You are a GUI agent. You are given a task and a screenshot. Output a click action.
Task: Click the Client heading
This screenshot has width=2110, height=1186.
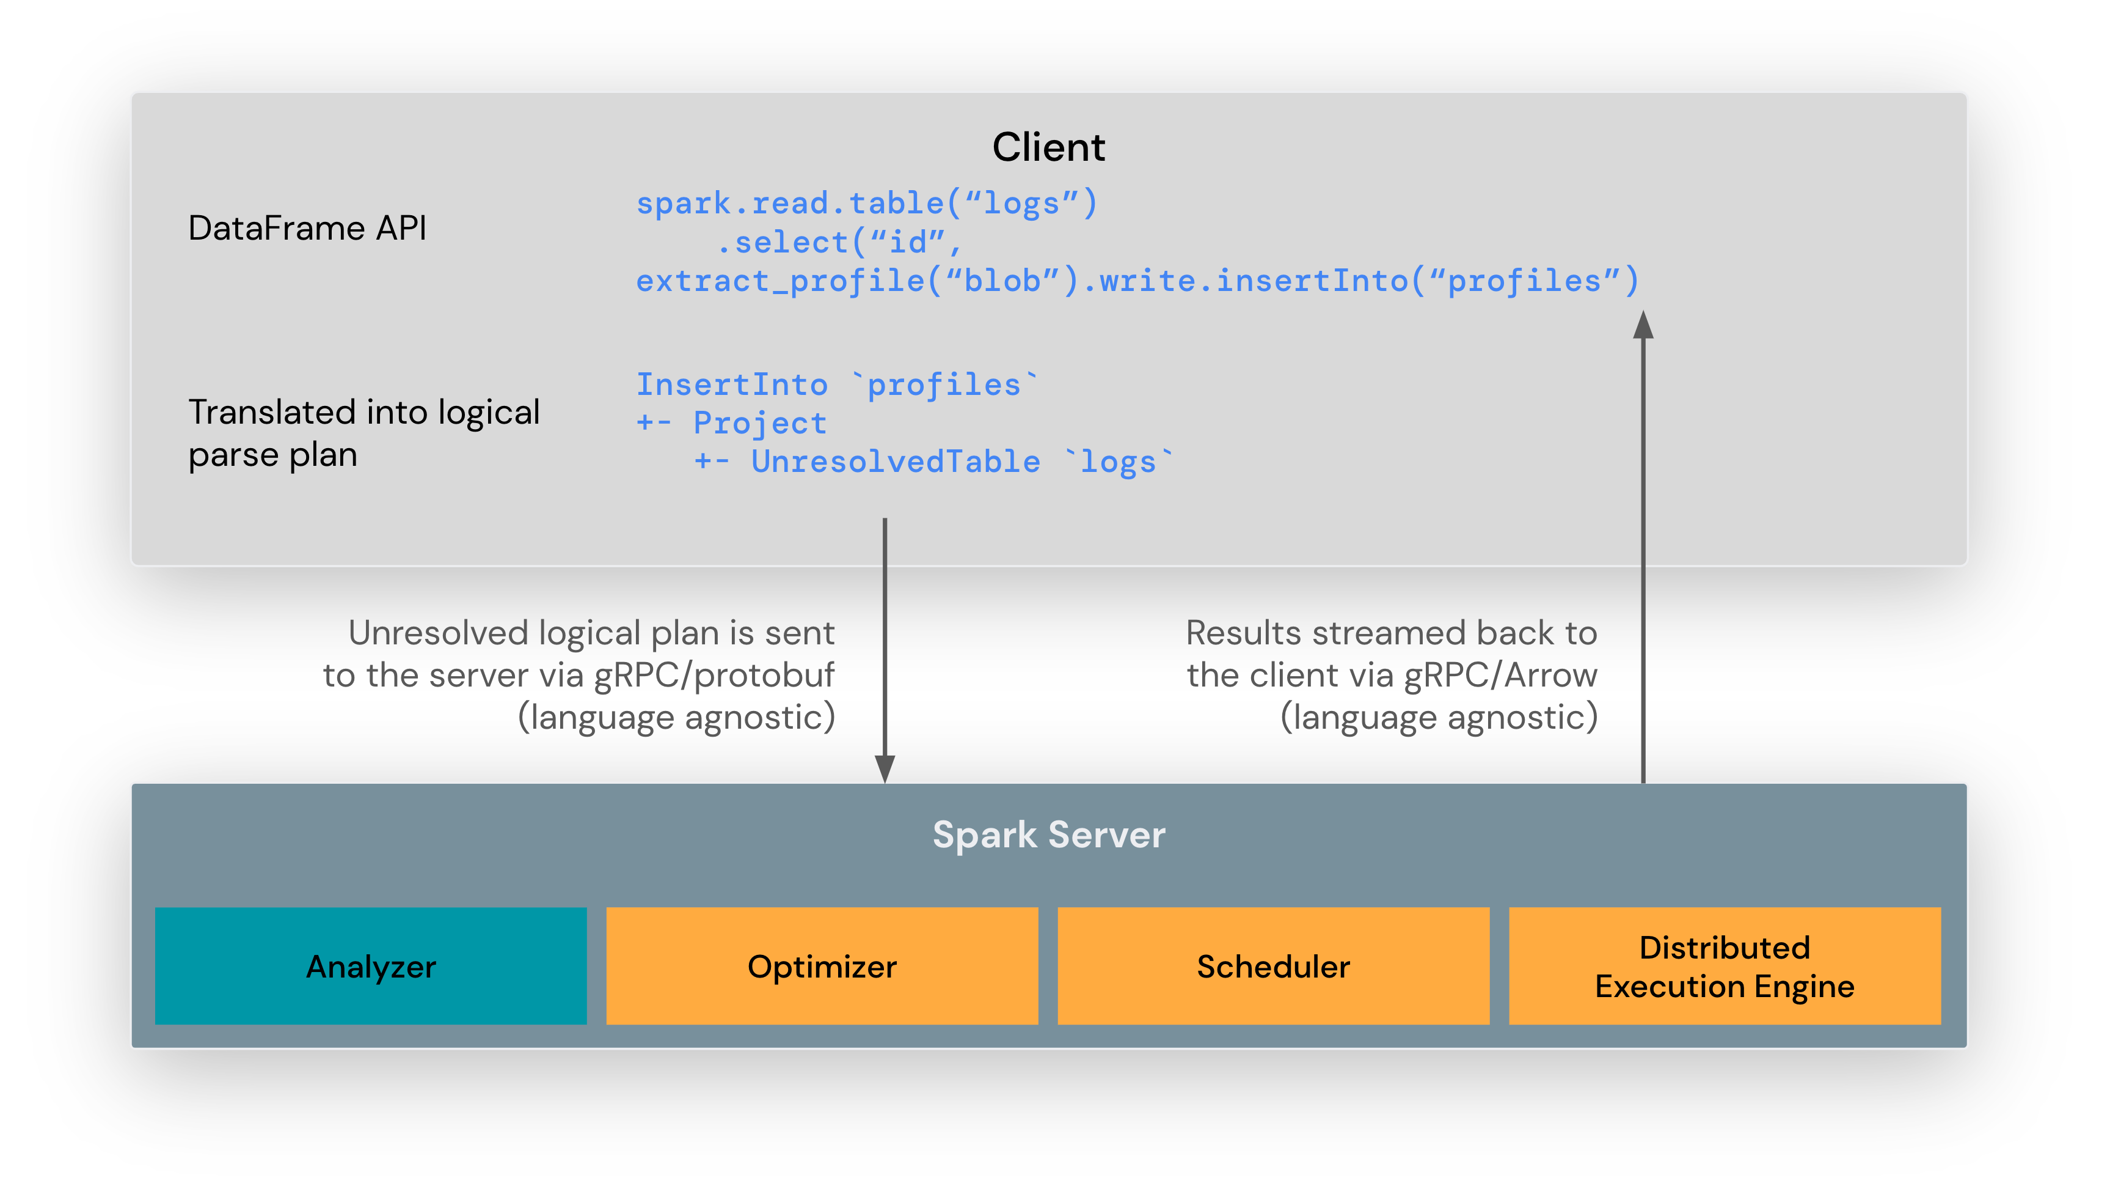click(1048, 147)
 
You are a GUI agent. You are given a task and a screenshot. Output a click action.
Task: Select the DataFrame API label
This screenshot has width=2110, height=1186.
click(307, 228)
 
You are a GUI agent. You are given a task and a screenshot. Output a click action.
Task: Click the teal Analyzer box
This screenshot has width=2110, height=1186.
click(371, 967)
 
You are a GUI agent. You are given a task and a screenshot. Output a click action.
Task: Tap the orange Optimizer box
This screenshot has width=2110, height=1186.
click(822, 967)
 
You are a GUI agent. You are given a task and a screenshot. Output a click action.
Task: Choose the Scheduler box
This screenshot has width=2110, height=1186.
click(1273, 967)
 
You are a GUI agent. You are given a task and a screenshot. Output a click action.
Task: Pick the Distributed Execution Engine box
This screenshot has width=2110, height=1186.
click(1724, 967)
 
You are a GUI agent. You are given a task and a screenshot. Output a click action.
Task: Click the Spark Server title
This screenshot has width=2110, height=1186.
click(1048, 834)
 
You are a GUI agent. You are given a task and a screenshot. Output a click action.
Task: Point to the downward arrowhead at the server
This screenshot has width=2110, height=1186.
click(885, 769)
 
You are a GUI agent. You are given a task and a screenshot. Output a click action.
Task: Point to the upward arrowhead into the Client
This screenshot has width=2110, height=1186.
click(1643, 325)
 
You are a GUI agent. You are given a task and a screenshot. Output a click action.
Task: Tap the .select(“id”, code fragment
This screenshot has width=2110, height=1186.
click(839, 242)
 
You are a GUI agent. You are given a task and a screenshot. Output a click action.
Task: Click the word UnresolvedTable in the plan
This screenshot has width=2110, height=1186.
click(896, 462)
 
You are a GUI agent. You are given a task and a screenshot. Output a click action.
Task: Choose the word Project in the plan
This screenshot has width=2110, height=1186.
click(759, 423)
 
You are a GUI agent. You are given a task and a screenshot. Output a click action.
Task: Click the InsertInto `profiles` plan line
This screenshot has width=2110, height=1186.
click(836, 385)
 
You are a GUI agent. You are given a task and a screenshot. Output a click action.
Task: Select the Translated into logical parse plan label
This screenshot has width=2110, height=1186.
click(363, 433)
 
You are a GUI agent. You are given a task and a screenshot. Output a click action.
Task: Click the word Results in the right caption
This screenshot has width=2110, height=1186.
click(1243, 633)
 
